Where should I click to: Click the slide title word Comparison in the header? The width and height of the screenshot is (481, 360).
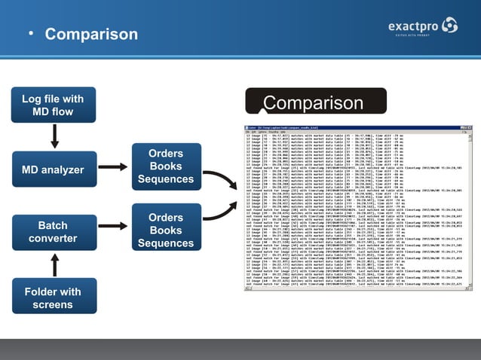coord(91,34)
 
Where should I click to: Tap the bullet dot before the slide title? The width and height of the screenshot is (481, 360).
coord(31,34)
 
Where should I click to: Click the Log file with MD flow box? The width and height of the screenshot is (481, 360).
coord(53,105)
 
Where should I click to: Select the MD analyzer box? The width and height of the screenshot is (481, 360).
coord(53,169)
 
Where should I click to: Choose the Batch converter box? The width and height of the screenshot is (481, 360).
coord(53,232)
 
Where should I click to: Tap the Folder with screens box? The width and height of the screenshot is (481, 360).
coord(53,297)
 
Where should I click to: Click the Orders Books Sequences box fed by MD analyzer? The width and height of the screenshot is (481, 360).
coord(166,166)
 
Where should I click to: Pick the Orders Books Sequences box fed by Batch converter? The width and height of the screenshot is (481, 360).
coord(166,230)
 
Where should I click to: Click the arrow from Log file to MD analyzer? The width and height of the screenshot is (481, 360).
coord(54,136)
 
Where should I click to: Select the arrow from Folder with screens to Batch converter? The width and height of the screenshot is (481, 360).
coord(54,264)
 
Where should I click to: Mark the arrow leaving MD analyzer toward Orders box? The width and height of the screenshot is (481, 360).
coord(112,167)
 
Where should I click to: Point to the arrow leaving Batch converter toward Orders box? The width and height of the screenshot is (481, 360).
coord(112,230)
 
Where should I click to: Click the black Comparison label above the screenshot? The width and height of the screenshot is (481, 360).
coord(313,102)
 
